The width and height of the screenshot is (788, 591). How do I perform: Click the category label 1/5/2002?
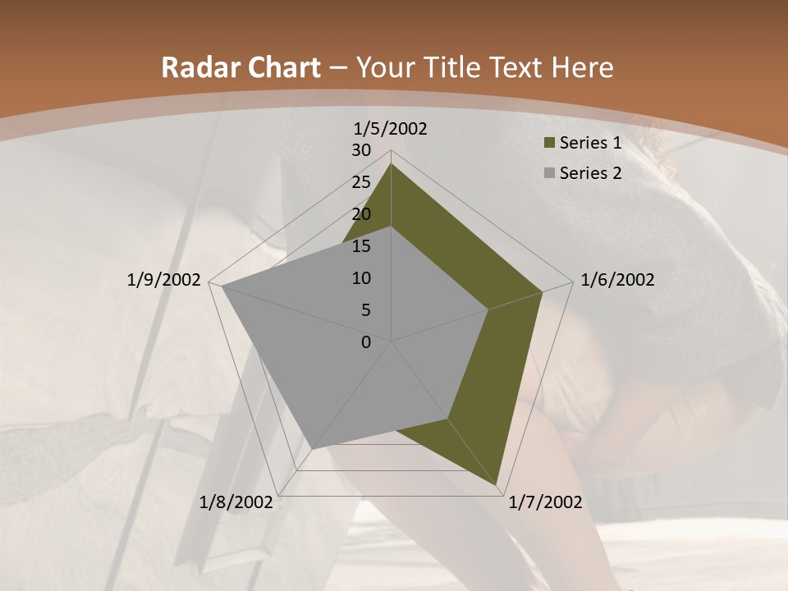click(391, 129)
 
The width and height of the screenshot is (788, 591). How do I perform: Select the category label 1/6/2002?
click(617, 280)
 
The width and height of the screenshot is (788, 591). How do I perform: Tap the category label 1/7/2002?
click(546, 502)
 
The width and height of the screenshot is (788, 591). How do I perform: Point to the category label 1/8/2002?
click(236, 502)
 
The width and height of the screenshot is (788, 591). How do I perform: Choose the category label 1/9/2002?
click(164, 280)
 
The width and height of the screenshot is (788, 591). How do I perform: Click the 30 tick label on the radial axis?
click(361, 150)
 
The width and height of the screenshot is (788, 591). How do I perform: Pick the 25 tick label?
click(361, 182)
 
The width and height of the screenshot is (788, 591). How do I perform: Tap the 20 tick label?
click(361, 214)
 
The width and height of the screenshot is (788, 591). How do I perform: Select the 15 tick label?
click(361, 246)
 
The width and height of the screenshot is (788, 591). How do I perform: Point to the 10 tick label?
click(361, 278)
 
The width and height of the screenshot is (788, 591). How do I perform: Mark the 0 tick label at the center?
click(366, 342)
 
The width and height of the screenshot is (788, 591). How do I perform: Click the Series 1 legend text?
click(590, 143)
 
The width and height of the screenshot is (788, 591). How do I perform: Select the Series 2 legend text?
click(590, 173)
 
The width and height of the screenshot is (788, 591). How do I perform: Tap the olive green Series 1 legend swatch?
click(550, 144)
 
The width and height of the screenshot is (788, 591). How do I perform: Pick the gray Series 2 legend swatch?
click(550, 173)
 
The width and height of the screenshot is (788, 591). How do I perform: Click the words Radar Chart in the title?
click(241, 68)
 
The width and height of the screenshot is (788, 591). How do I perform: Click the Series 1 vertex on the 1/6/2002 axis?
click(543, 291)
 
